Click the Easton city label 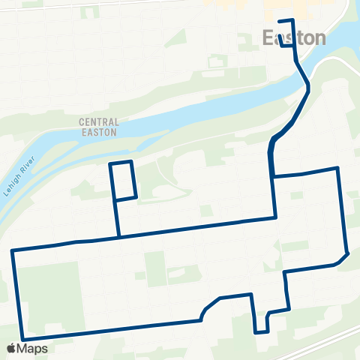point(294,38)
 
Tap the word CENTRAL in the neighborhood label point(100,121)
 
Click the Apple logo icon point(11,349)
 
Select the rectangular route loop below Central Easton point(123,181)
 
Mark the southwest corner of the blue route point(23,338)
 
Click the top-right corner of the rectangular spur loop point(131,161)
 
